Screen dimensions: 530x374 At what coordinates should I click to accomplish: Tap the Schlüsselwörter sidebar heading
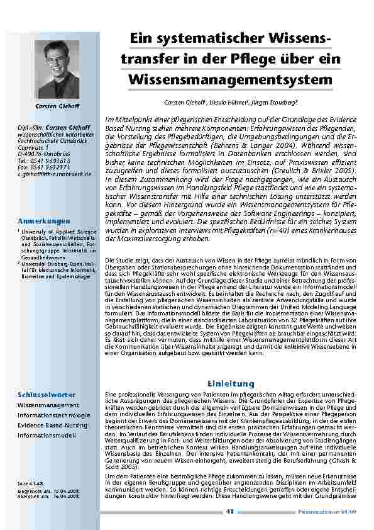point(47,395)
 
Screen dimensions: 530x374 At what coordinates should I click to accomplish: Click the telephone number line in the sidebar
point(43,161)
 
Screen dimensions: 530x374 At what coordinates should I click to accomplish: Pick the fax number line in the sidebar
point(43,167)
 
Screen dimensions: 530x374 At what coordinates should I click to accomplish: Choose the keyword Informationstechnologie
point(54,415)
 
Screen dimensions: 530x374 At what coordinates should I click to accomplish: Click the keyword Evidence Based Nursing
point(53,426)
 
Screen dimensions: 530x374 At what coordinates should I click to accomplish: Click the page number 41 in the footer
point(230,512)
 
